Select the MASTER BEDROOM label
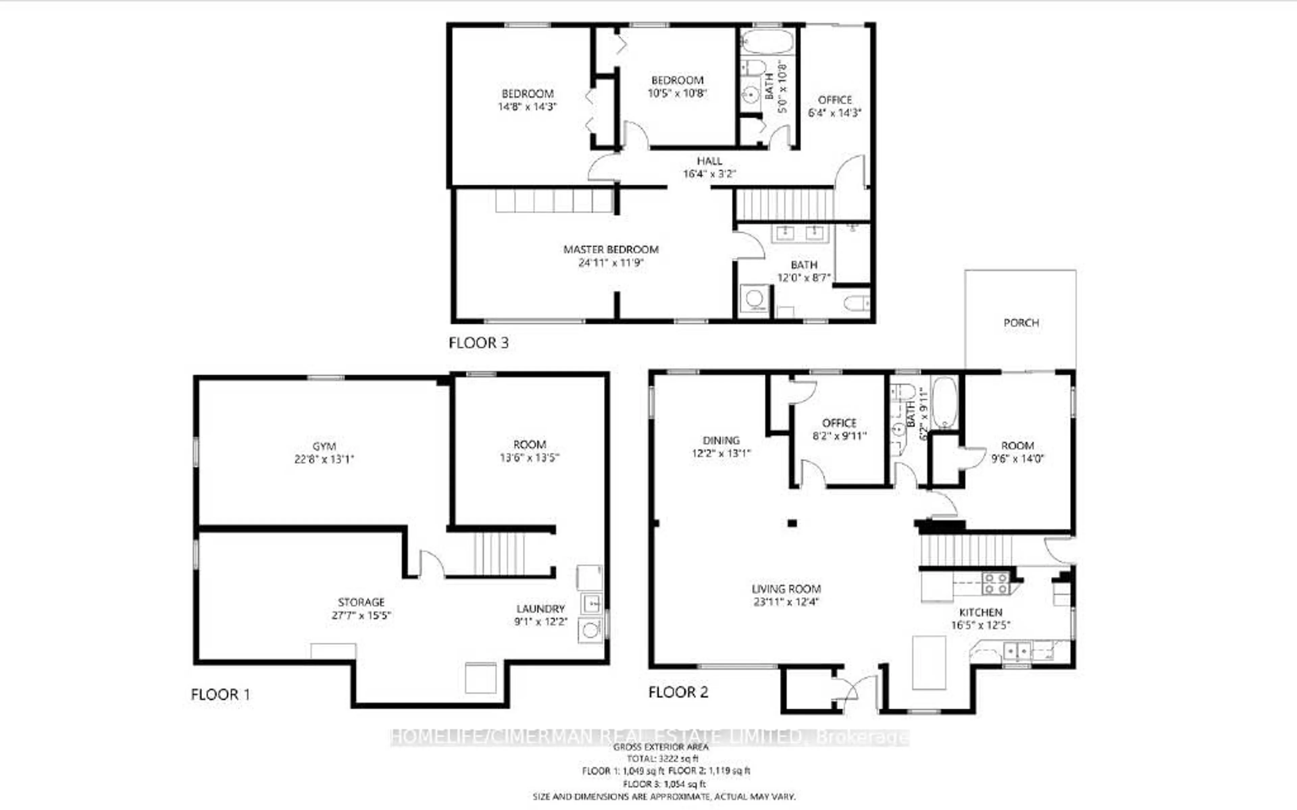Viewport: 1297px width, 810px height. (x=610, y=250)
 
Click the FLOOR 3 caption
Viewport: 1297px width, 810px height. (x=478, y=343)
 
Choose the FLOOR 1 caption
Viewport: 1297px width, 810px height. (x=220, y=695)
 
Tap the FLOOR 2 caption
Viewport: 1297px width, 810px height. (x=678, y=692)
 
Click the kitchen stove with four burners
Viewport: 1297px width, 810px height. (x=995, y=584)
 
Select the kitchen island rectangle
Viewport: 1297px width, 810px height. (x=929, y=662)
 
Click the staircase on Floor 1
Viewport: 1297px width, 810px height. (x=499, y=553)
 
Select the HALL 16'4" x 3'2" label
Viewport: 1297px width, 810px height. (x=709, y=167)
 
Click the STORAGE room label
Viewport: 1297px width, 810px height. (x=361, y=602)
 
